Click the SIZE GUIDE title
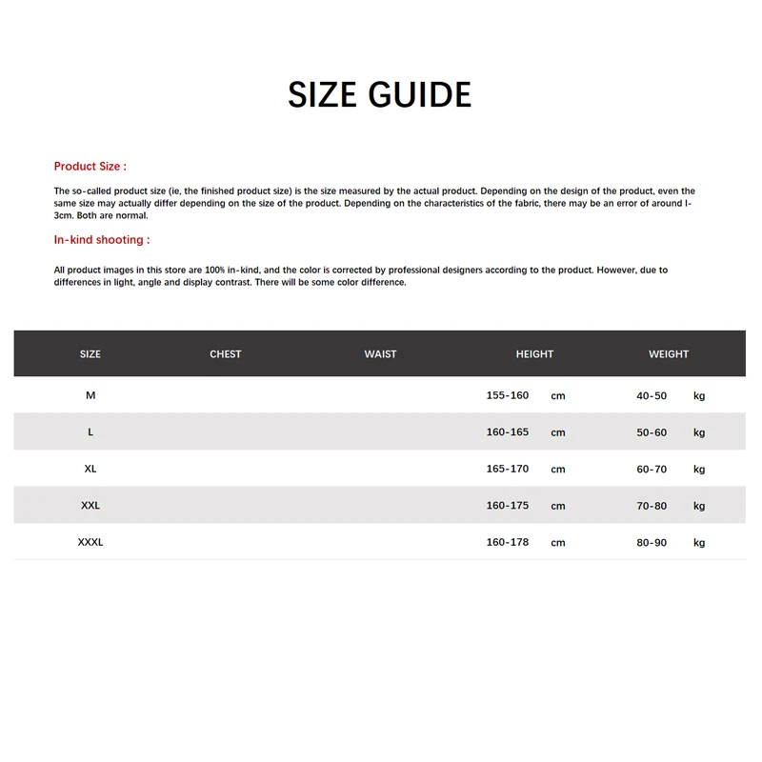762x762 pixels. [x=379, y=95]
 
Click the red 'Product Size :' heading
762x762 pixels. [x=90, y=167]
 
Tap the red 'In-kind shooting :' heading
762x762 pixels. [x=101, y=240]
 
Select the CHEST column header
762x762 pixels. [x=226, y=354]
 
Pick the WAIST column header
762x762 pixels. [x=380, y=354]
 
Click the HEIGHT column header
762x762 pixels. [x=534, y=354]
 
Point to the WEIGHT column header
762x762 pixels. [x=669, y=354]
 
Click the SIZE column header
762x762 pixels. [x=90, y=354]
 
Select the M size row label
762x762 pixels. [x=90, y=395]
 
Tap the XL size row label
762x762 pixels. [x=90, y=469]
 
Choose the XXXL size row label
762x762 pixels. [x=90, y=542]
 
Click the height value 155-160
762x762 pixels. [x=507, y=395]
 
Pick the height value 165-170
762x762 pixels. [x=507, y=469]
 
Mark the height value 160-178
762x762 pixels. [x=507, y=542]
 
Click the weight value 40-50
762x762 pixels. [x=652, y=395]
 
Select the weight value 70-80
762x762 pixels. [x=652, y=506]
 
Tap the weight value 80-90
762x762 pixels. [x=652, y=542]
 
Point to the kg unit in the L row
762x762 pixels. [x=699, y=432]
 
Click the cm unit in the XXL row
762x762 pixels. [x=558, y=507]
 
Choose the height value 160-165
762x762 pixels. [x=507, y=432]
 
